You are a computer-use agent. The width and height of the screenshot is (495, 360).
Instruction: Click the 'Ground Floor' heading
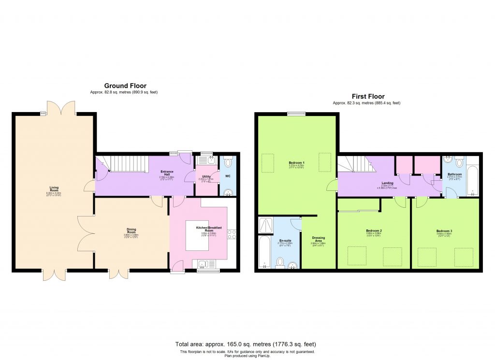[x=125, y=86]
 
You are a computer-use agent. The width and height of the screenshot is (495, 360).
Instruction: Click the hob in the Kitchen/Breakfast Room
[x=231, y=235]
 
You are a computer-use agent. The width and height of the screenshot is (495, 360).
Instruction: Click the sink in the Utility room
[x=204, y=161]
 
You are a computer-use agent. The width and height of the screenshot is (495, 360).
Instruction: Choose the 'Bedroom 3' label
[x=444, y=231]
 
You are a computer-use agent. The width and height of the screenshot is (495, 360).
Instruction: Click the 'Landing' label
[x=387, y=183]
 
